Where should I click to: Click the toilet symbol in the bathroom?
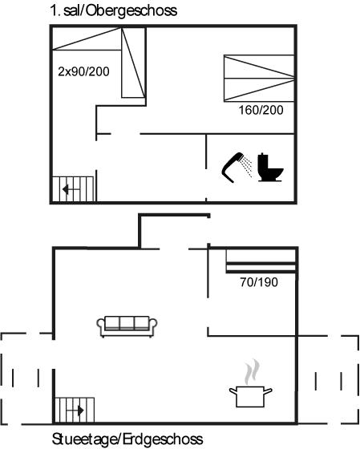pos(269,168)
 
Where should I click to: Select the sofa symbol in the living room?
pos(127,326)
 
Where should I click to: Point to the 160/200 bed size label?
pos(261,110)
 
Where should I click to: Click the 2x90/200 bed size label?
pos(83,71)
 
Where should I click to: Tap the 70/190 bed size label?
pos(259,282)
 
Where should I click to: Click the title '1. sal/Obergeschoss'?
pos(113,11)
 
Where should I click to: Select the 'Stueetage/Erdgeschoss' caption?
pos(127,439)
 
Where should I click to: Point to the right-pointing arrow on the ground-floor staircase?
pos(75,411)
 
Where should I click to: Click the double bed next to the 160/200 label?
pos(259,79)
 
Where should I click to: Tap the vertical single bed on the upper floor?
pos(133,63)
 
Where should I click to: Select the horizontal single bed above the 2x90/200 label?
pos(87,39)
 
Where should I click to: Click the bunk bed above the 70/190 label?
pos(261,261)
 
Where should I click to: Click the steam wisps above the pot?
pos(252,372)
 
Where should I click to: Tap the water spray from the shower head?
pos(246,166)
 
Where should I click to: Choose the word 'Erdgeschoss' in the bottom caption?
pos(164,439)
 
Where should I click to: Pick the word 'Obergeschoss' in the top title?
pos(131,11)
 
